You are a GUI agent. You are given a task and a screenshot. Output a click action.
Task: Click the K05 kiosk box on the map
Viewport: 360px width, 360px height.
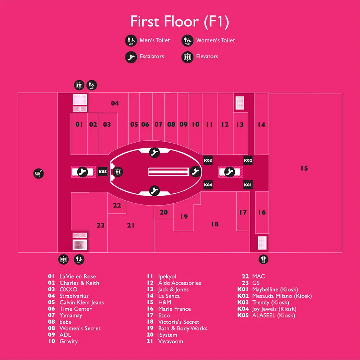click(102, 171)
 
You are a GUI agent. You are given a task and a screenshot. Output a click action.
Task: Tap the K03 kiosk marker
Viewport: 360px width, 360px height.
click(208, 160)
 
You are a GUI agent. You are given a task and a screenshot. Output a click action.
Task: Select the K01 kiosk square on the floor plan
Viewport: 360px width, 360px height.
click(248, 185)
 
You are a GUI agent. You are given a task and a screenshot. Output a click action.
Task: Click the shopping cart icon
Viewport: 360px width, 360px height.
click(39, 174)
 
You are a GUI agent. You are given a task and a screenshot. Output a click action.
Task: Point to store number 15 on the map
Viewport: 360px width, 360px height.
click(304, 168)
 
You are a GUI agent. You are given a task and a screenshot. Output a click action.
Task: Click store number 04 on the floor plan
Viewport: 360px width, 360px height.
click(115, 103)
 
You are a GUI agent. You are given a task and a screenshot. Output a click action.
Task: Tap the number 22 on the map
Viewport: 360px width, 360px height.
click(117, 205)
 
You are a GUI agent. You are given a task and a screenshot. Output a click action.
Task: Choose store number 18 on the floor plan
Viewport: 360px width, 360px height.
click(215, 224)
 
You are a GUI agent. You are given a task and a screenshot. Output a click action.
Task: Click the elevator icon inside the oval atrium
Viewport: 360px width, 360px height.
click(118, 172)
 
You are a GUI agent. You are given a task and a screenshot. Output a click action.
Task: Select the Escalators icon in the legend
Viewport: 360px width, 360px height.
click(131, 57)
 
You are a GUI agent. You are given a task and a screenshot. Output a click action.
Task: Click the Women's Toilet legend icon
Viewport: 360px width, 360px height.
click(187, 40)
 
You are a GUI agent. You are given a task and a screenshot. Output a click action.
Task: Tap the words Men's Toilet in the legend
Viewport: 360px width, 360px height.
click(155, 40)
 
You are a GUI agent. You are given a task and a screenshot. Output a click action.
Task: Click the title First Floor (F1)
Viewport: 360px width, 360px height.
click(180, 22)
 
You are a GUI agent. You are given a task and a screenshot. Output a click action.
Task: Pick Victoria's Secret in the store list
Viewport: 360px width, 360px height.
click(179, 322)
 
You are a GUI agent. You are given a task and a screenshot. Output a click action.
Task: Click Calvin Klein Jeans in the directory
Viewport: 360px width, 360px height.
click(81, 302)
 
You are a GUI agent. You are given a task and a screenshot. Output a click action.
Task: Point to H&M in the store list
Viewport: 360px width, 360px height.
click(165, 302)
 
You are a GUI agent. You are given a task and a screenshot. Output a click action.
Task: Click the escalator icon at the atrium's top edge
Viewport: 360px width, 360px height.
click(154, 152)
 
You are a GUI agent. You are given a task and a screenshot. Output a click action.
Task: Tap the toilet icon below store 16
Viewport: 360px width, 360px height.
click(264, 259)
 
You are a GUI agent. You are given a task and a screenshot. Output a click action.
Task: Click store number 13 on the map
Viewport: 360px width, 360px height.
click(240, 125)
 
